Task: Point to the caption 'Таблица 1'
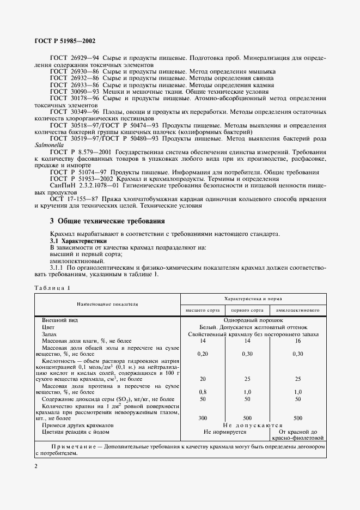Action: (x=53, y=288)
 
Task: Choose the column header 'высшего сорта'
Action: (x=203, y=309)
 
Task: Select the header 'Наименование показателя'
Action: (x=107, y=303)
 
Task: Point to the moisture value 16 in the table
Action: (x=298, y=341)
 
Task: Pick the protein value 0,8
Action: (x=203, y=391)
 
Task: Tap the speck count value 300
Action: (x=203, y=418)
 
